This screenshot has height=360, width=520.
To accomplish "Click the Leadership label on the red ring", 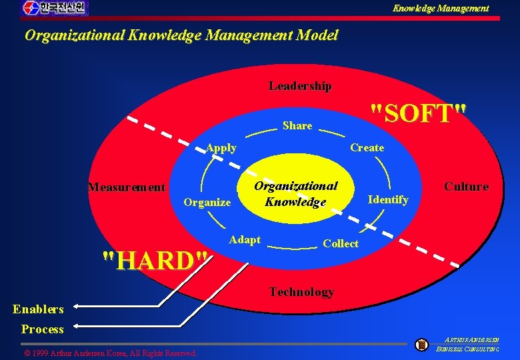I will pyautogui.click(x=300, y=86).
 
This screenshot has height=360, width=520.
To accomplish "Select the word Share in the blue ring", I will pyautogui.click(x=297, y=125).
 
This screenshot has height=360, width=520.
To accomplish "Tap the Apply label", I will pyautogui.click(x=221, y=148).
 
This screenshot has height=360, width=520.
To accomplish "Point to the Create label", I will pyautogui.click(x=367, y=147).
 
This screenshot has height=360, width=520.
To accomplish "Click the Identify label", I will pyautogui.click(x=388, y=199).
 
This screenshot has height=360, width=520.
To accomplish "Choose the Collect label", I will pyautogui.click(x=340, y=243).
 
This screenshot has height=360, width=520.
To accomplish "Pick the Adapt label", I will pyautogui.click(x=245, y=239).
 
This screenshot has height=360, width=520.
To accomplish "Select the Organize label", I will pyautogui.click(x=207, y=202).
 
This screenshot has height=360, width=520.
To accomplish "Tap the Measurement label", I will pyautogui.click(x=127, y=187).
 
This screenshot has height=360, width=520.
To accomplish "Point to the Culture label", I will pyautogui.click(x=466, y=187).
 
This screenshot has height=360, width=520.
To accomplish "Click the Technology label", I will pyautogui.click(x=301, y=291).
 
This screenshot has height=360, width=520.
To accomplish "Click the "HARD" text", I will pyautogui.click(x=155, y=260).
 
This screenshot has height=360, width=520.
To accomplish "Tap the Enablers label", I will pyautogui.click(x=38, y=309).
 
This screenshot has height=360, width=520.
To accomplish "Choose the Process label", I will pyautogui.click(x=42, y=329).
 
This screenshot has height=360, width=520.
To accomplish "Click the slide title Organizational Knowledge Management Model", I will pyautogui.click(x=181, y=35).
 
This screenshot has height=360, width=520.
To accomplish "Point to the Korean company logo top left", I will pyautogui.click(x=55, y=8).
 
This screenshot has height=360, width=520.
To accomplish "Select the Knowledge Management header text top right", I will pyautogui.click(x=440, y=8).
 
